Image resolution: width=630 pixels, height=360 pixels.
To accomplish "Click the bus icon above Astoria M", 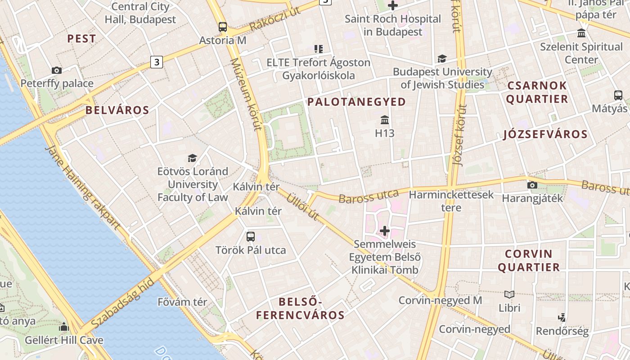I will coord(223,27).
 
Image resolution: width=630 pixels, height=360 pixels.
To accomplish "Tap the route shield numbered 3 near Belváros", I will coord(156,62).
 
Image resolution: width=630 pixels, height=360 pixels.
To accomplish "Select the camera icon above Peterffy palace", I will coord(56,70).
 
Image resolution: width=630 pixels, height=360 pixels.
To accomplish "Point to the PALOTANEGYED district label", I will coord(356,102).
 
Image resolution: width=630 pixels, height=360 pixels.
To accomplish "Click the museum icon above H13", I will coord(385,120).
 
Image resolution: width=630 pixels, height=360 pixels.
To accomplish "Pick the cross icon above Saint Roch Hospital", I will coord(393,6).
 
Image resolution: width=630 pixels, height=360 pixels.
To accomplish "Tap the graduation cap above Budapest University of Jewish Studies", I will coord(442,59).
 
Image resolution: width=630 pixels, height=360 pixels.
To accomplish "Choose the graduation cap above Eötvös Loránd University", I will coord(193,158).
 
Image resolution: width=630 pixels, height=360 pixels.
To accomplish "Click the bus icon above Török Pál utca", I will coord(251,237).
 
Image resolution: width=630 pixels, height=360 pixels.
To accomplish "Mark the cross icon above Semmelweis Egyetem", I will coord(385,231).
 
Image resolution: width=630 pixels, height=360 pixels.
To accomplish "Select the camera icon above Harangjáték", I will coord(532,185).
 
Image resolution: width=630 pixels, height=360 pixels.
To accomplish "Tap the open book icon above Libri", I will coord(509,295).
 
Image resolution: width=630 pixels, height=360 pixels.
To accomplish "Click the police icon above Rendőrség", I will coord(562,318).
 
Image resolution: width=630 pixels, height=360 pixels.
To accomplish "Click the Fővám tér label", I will coord(182,302).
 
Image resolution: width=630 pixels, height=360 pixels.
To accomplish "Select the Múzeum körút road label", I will coord(245,94).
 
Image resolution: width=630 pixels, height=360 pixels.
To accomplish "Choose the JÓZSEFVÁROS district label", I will coord(545,134).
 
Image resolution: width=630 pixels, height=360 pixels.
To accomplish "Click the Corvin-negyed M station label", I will coord(440,300).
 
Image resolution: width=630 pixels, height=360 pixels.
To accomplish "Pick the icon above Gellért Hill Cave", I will coord(64,327).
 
